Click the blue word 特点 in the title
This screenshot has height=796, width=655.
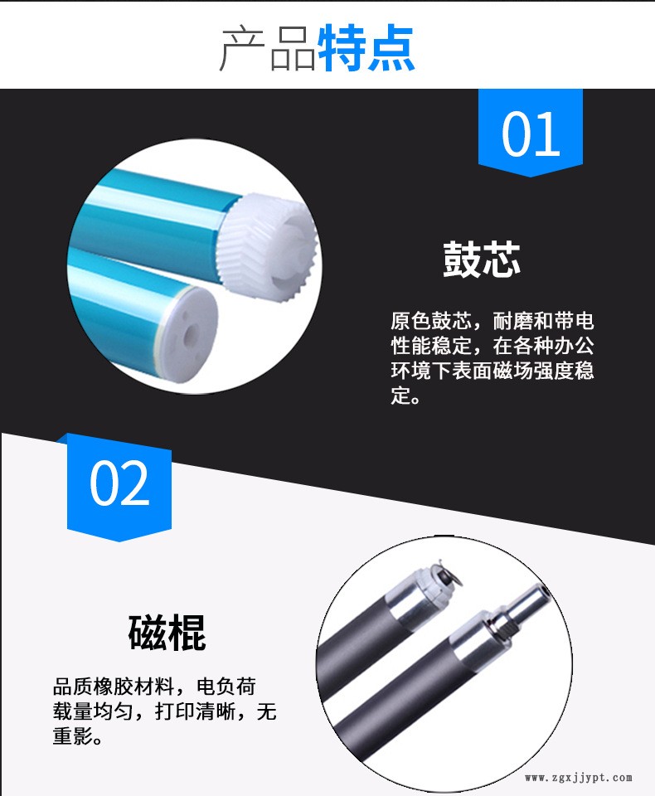[x=366, y=48]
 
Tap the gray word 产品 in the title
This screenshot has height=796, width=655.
[x=268, y=49]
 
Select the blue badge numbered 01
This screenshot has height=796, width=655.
[x=531, y=133]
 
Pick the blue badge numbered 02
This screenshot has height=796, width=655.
[x=119, y=487]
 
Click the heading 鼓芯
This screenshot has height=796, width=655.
[x=482, y=259]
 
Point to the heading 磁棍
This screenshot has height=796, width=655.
[x=167, y=632]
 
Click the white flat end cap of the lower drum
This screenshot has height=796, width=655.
[x=188, y=330]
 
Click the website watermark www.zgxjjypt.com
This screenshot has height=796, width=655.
[x=579, y=778]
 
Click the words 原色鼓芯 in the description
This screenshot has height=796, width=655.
[x=431, y=321]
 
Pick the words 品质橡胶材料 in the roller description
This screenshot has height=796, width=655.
[x=114, y=687]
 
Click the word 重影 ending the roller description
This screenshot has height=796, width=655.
[x=73, y=735]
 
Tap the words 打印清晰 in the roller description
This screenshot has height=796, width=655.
[x=195, y=711]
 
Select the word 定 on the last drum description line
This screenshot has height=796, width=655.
[x=400, y=395]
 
